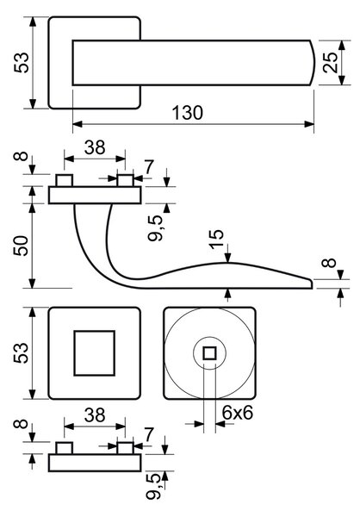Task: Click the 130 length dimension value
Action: pos(188,113)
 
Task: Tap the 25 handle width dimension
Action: pos(331,62)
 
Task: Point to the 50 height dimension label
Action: pos(21,246)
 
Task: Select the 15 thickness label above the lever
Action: pos(216,240)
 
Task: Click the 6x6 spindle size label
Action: pos(238,413)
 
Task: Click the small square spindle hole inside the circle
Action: pos(209,353)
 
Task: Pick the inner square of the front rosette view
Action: pos(94,353)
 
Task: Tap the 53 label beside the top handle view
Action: pos(21,62)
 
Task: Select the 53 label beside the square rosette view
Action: pos(21,353)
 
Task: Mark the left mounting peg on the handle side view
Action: pos(65,181)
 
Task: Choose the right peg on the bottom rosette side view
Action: pos(125,448)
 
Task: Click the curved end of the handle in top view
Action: pos(313,63)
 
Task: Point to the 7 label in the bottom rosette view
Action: pos(149,434)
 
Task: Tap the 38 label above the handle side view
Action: pos(95,147)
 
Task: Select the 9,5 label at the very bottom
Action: pos(155,486)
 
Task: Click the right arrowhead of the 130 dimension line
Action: pos(309,124)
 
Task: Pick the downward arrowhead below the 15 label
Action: pos(228,258)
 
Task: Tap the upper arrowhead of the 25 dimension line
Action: pos(342,45)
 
